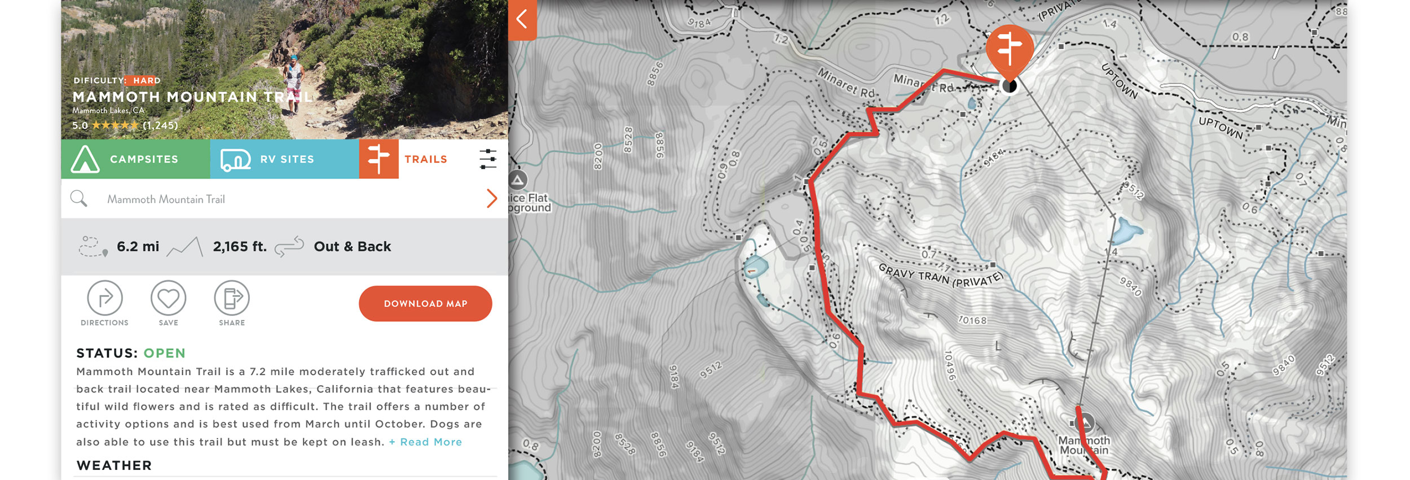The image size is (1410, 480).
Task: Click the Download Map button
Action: coord(425,303)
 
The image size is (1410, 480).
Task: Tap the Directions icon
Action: coord(105,298)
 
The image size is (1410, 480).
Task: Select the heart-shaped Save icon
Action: coord(168,298)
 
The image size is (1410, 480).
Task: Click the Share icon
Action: coord(232,298)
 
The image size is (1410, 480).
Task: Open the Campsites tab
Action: coord(135,159)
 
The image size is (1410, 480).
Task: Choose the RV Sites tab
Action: coord(284,159)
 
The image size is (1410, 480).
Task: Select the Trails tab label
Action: coord(426,159)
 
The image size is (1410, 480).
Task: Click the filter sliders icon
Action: coord(488,159)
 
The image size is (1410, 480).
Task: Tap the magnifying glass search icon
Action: coord(79,199)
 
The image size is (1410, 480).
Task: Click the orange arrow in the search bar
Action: coord(492,198)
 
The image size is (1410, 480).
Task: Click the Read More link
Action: coord(426,442)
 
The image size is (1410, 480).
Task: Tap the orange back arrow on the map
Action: coord(522,19)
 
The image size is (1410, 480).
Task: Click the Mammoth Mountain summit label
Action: coord(1084,444)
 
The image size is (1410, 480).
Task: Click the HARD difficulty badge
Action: coord(147,81)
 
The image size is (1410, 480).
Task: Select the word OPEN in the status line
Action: coord(164,353)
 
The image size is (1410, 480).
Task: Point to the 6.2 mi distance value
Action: coord(138,247)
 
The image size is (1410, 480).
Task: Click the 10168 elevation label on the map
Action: coord(973,320)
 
